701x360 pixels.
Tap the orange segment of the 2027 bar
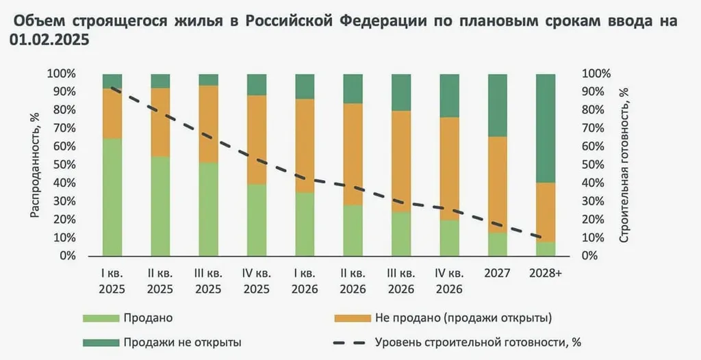coord(498,185)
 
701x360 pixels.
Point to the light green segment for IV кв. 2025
coord(257,220)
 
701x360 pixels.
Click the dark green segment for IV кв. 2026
coord(450,96)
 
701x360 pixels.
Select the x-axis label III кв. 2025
coord(208,281)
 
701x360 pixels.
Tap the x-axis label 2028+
coord(546,273)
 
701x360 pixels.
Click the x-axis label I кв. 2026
coord(305,281)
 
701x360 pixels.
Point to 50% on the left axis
coord(63,165)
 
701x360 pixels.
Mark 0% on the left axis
coord(66,256)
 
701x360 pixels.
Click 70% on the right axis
coord(592,128)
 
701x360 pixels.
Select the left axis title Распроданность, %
coord(34,165)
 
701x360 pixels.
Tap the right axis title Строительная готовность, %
coord(624,165)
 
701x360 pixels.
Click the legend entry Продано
coord(148,318)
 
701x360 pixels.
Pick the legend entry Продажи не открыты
coord(182,341)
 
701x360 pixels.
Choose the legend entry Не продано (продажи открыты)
coord(463,318)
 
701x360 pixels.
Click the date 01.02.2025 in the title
coord(49,40)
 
